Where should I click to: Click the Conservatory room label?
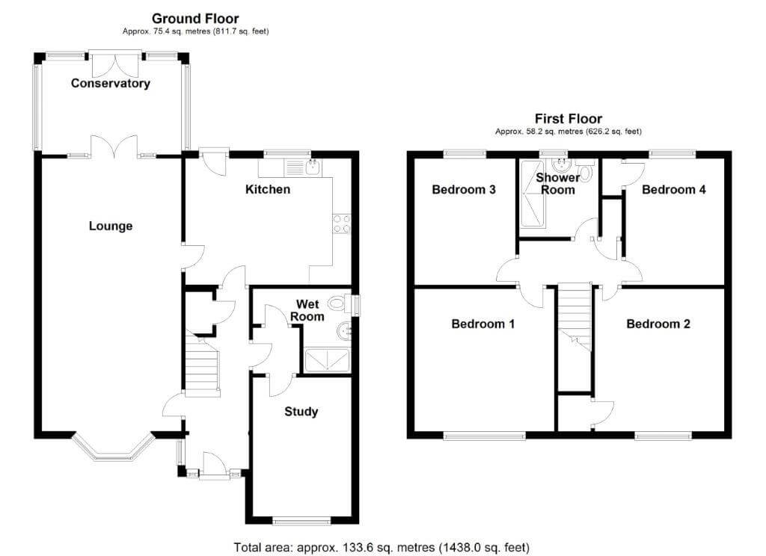111,84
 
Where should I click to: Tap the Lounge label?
111,226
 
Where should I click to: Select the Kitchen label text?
268,189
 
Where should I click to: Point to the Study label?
301,412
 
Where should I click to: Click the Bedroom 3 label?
464,189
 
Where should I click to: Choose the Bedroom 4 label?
674,189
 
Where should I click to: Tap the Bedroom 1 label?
483,324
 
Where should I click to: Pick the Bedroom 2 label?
658,324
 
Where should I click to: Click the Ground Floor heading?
195,19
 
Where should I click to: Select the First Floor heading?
569,119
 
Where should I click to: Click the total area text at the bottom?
382,547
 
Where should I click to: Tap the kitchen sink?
313,167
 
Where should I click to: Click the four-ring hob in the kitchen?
341,224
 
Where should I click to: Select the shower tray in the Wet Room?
327,360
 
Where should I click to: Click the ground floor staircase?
201,362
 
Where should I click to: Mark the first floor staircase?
574,318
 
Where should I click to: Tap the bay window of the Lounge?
112,448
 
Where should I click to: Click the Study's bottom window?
301,522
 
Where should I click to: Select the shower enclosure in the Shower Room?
532,194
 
